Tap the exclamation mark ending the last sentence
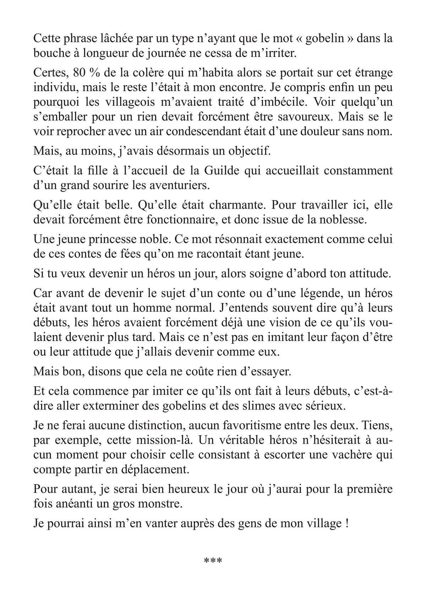click(x=346, y=524)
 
